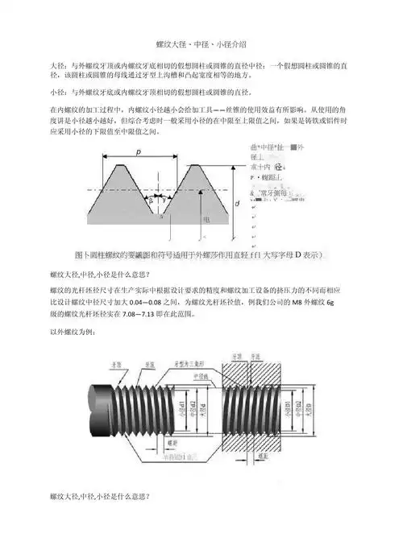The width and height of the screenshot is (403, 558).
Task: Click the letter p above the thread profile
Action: (x=138, y=151)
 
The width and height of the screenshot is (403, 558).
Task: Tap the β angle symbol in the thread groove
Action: (x=150, y=199)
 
